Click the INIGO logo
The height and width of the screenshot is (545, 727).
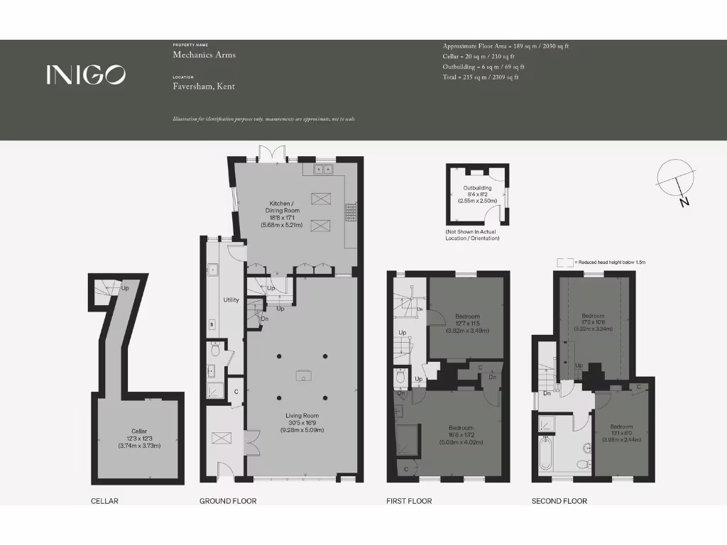click(x=87, y=75)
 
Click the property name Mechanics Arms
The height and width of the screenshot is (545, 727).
click(x=204, y=55)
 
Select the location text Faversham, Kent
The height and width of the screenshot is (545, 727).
click(x=204, y=87)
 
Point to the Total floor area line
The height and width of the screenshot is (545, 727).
click(x=481, y=77)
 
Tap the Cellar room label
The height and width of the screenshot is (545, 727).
click(x=139, y=436)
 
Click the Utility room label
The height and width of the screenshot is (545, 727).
click(x=231, y=300)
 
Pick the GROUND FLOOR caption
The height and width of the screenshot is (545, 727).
click(x=228, y=501)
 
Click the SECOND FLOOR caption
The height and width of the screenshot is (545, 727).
click(x=559, y=501)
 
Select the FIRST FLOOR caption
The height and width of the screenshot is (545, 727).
click(x=409, y=501)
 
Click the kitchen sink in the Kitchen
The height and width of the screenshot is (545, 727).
click(x=324, y=169)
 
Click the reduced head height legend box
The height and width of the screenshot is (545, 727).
click(x=565, y=262)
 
